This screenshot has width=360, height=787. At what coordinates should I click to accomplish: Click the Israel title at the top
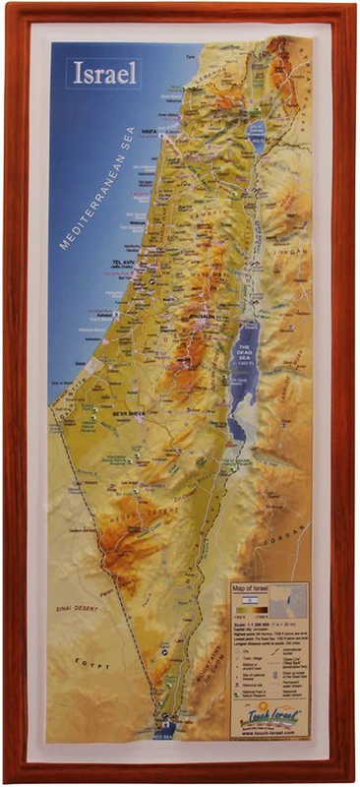click(x=104, y=73)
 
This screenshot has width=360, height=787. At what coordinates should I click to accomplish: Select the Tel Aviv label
click(x=115, y=263)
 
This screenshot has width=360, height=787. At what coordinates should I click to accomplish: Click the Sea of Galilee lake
click(x=257, y=136)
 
